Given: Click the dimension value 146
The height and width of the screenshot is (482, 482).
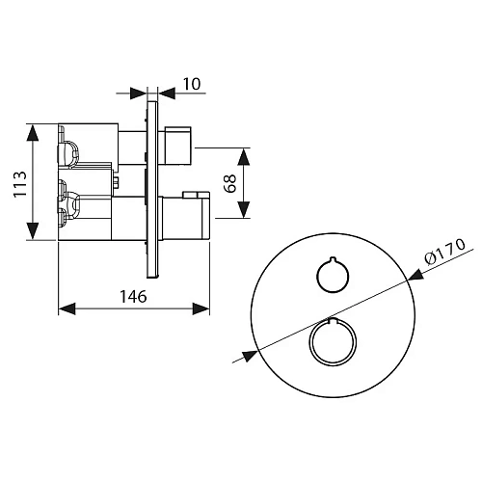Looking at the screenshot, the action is (x=133, y=296).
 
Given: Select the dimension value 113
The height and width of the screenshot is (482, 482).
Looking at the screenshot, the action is (x=20, y=184).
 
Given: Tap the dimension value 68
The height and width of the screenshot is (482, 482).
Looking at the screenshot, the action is (x=229, y=183).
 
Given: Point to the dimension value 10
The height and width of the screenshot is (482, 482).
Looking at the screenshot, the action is (x=192, y=84).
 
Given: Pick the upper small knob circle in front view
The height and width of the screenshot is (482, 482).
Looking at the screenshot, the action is (x=333, y=276).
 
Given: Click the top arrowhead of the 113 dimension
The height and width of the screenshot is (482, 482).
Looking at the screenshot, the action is (x=32, y=133).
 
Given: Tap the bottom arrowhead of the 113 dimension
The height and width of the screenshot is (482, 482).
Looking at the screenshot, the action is (x=32, y=230).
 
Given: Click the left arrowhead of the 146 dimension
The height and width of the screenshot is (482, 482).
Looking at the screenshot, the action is (x=67, y=308).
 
